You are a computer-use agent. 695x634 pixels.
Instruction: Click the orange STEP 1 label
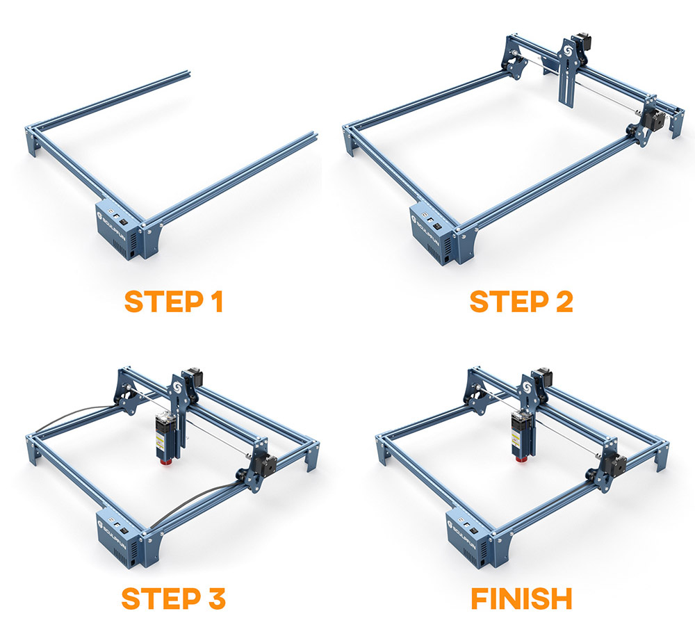[173, 302]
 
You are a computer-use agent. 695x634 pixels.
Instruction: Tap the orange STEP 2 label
[521, 302]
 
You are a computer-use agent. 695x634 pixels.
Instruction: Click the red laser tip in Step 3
[166, 461]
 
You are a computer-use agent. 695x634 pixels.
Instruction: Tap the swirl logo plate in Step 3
[178, 388]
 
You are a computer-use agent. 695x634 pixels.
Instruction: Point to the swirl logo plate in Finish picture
[529, 389]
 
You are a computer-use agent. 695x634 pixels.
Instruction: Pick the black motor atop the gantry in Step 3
[194, 377]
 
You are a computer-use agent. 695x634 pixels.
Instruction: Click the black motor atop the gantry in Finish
[544, 377]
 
